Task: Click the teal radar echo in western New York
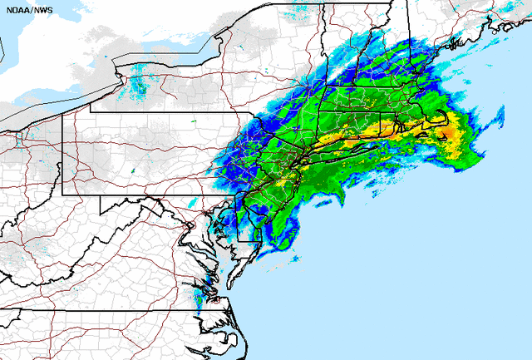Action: click(x=138, y=83)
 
